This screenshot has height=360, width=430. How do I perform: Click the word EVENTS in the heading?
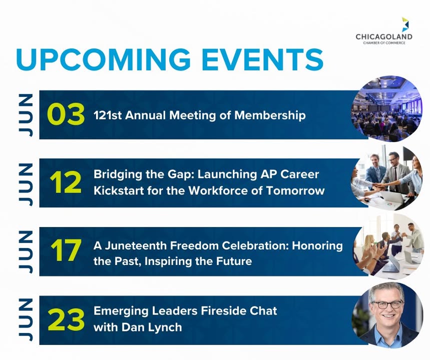262,59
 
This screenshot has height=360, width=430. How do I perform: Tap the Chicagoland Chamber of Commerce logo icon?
405,24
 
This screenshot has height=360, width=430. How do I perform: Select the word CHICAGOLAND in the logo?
384,36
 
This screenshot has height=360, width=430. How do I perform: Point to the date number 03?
66,114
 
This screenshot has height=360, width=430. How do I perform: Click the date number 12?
66,182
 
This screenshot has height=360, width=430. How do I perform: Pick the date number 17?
66,250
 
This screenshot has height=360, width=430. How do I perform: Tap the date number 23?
66,319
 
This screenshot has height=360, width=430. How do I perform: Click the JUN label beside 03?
26,115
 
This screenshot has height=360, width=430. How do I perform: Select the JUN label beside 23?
26,319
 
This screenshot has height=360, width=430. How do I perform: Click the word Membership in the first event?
270,115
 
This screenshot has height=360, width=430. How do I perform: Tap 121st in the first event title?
108,115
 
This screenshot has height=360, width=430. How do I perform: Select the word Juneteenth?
136,245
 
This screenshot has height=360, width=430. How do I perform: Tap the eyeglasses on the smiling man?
387,304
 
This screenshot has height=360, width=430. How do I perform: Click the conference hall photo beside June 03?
386,109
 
